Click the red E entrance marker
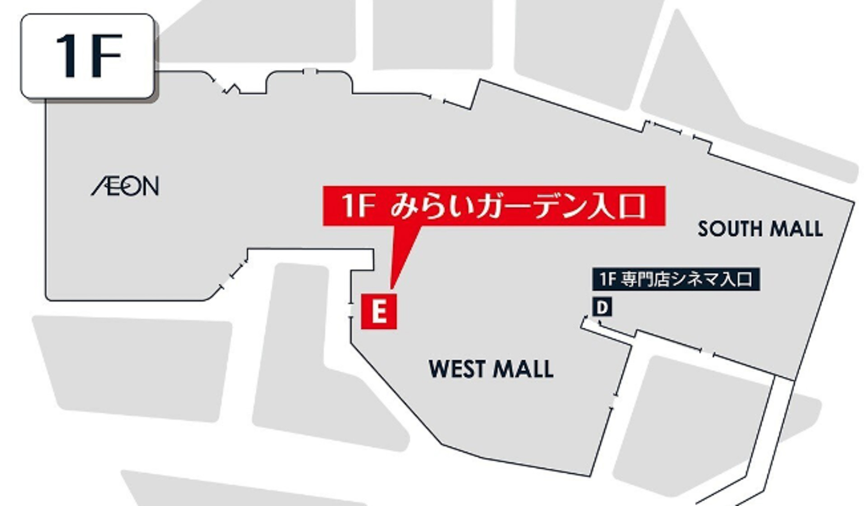click(x=379, y=311)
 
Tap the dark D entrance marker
click(x=602, y=307)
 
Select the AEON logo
click(x=125, y=186)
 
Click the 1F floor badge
click(x=88, y=56)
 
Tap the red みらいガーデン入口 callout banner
click(x=494, y=206)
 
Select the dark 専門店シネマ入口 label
click(x=676, y=279)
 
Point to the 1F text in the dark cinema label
click(x=608, y=279)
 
